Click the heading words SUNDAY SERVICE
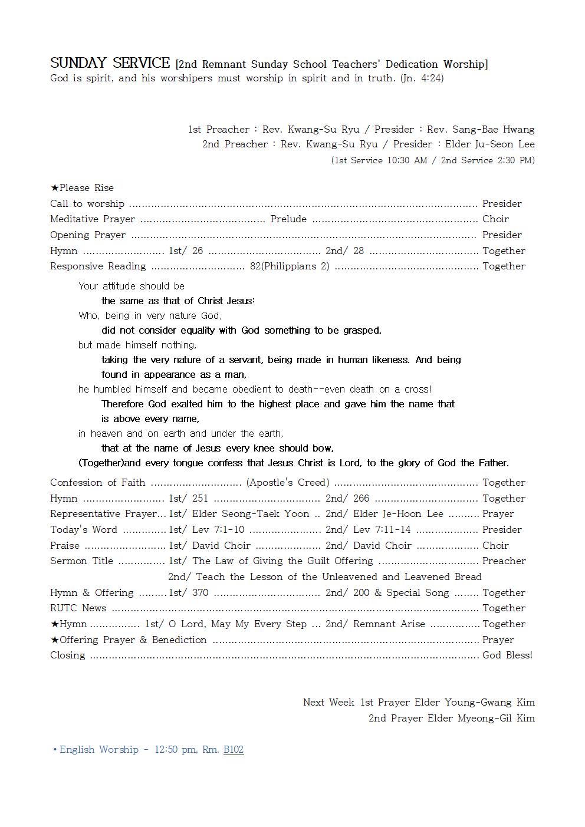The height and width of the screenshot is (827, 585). (x=110, y=63)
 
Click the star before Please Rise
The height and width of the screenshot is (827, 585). (x=54, y=188)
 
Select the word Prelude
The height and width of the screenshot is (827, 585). (x=288, y=219)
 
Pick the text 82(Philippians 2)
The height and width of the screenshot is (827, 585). (x=290, y=266)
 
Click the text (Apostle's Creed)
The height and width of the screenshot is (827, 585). (x=288, y=483)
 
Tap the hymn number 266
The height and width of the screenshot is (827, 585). (x=361, y=499)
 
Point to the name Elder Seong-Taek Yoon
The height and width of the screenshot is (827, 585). (x=251, y=514)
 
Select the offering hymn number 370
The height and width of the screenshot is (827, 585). (x=200, y=593)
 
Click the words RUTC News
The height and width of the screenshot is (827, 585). (x=78, y=608)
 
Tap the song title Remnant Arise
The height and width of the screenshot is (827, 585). (x=389, y=624)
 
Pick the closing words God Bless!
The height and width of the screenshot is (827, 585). (x=507, y=655)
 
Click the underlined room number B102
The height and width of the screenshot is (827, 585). (x=233, y=750)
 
